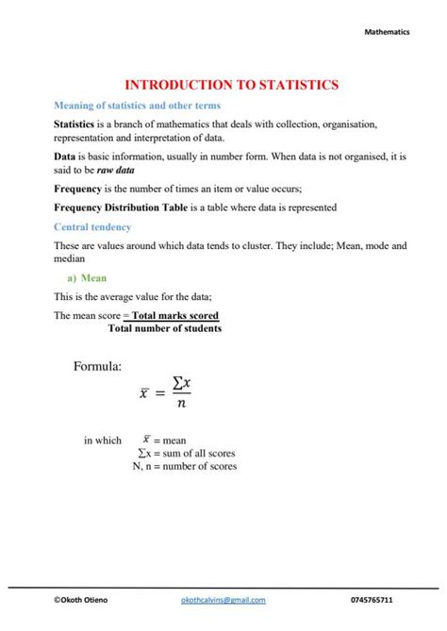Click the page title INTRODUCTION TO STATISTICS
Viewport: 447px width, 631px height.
(x=223, y=85)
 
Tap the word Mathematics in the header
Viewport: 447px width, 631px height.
(x=388, y=32)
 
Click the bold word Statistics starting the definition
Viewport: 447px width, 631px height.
(x=80, y=125)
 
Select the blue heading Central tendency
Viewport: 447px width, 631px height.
(x=92, y=227)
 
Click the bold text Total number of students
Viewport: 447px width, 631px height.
(x=165, y=328)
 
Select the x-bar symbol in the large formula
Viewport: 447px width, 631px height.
(x=145, y=392)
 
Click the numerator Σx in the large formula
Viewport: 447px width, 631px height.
(x=182, y=383)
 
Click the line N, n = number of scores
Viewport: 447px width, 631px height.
(x=185, y=466)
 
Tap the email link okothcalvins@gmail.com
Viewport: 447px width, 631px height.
(x=223, y=600)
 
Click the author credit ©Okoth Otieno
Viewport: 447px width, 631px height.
(x=83, y=600)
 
